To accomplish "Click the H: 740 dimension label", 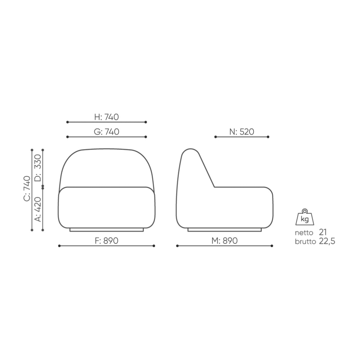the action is click(x=107, y=117).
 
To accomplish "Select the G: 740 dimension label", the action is click(x=107, y=132).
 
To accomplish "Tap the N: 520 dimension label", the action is click(x=242, y=132).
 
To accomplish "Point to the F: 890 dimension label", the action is click(x=107, y=240).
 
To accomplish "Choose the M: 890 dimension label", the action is click(x=225, y=240).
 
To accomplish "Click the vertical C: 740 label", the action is click(x=27, y=189).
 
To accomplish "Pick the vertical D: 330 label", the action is click(x=38, y=168).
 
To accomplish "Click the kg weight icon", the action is click(x=305, y=217).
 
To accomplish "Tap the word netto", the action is click(x=304, y=233).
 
